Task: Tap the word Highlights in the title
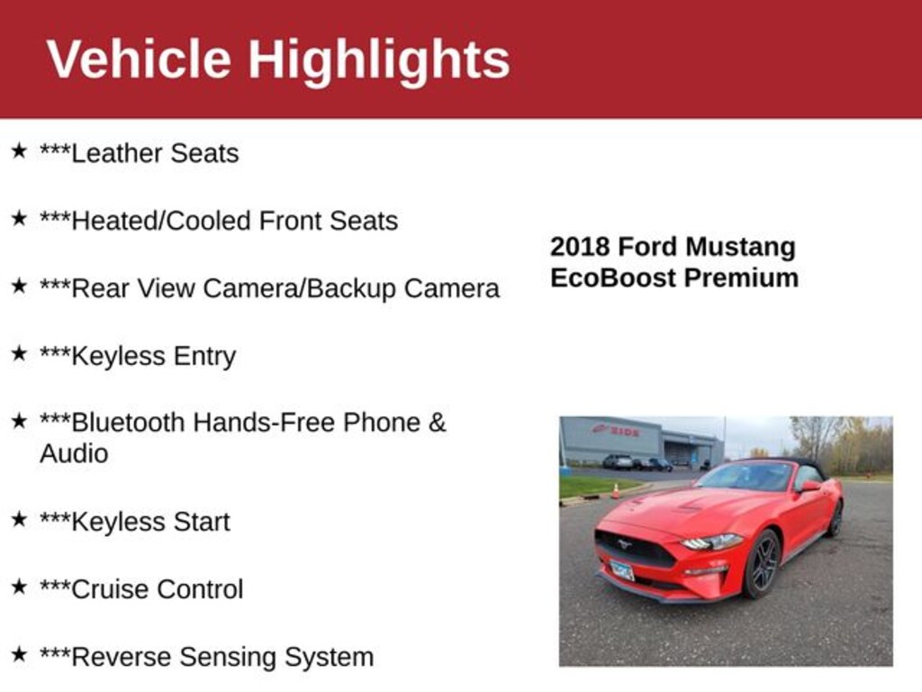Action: tap(379, 61)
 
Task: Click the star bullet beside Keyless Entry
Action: tap(19, 353)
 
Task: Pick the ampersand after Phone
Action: tap(437, 423)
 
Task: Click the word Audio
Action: tap(74, 453)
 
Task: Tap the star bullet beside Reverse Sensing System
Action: tap(19, 654)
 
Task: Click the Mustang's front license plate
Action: tap(621, 570)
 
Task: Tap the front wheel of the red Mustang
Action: tap(761, 563)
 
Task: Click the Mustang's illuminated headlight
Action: tap(712, 542)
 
